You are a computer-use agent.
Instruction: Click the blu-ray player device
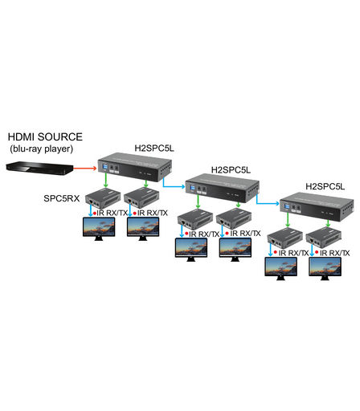pos(39,168)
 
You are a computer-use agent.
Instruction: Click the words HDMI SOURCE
pos(45,136)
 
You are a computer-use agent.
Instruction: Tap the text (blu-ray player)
pos(42,149)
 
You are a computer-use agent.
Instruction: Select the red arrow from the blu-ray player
pos(84,168)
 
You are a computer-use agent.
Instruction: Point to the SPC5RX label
pos(62,198)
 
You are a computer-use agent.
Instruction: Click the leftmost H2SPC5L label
pos(154,148)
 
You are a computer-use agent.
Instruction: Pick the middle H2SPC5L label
pos(231,169)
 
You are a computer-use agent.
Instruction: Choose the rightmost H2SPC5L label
pos(325,186)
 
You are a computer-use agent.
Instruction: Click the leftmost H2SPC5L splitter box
pos(135,167)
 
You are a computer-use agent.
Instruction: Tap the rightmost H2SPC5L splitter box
pos(317,207)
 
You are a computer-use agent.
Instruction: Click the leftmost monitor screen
pos(99,226)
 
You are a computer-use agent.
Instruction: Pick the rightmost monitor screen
pos(325,267)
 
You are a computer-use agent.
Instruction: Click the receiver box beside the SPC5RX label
pos(103,198)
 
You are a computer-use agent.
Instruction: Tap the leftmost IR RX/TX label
pos(112,213)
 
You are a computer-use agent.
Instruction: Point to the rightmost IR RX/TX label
pos(334,253)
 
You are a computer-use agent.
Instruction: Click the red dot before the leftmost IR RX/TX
pos(95,214)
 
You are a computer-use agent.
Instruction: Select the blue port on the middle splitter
pos(192,188)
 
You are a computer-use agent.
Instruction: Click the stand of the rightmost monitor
pos(325,279)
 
